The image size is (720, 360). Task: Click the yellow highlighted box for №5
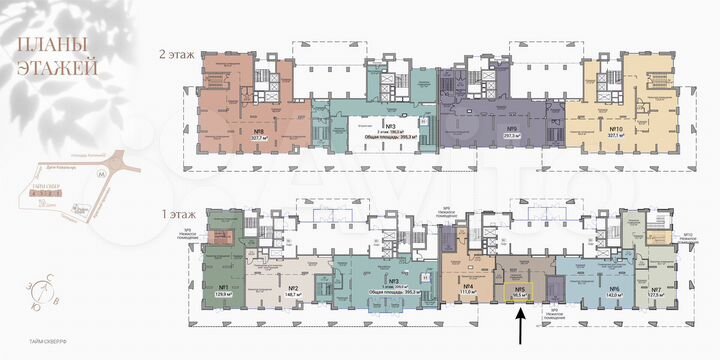(x=519, y=292)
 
